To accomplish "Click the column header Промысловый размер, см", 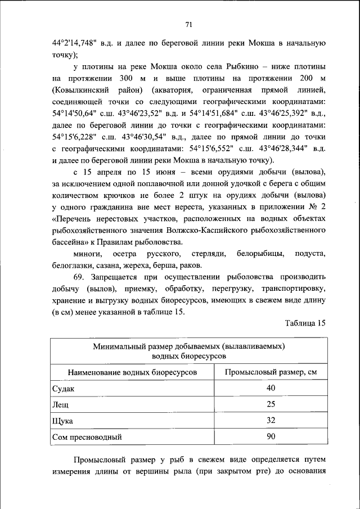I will coord(271,373).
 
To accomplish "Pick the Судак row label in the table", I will coord(62,389).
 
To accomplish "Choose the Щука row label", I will coord(62,420).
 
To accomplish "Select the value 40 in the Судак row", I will coord(271,389).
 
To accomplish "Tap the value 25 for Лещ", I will coord(271,404).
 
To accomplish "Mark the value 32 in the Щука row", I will coord(271,420).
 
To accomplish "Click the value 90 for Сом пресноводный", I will coord(271,436).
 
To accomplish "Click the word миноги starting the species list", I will coord(87,254).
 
